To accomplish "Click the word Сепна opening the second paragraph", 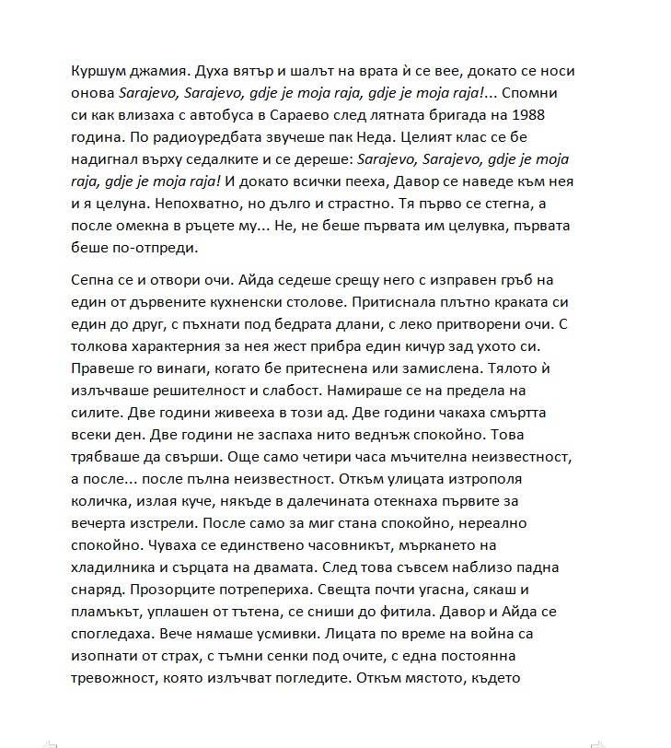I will coord(92,280).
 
